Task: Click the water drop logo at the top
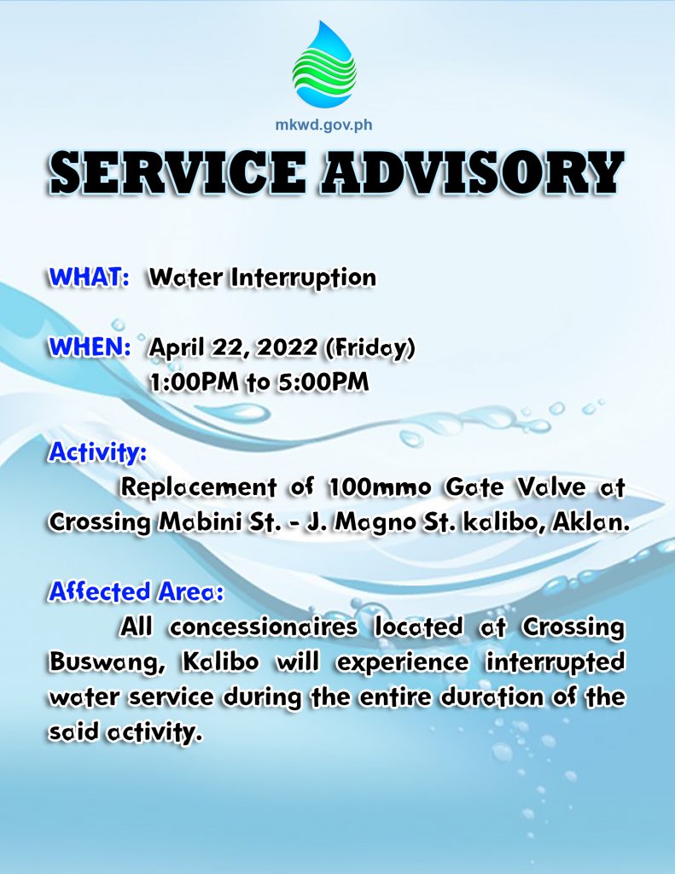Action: point(324,64)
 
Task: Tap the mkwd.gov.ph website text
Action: point(323,125)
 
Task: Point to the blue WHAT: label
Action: point(90,277)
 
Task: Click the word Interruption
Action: point(304,278)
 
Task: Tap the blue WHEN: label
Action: point(90,347)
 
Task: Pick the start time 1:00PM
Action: point(194,382)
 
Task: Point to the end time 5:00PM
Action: point(324,382)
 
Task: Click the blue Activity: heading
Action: point(98,453)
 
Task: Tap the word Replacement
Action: point(199,487)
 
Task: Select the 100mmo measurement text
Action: point(379,487)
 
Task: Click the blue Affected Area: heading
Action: point(136,592)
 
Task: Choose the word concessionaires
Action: point(263,627)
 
